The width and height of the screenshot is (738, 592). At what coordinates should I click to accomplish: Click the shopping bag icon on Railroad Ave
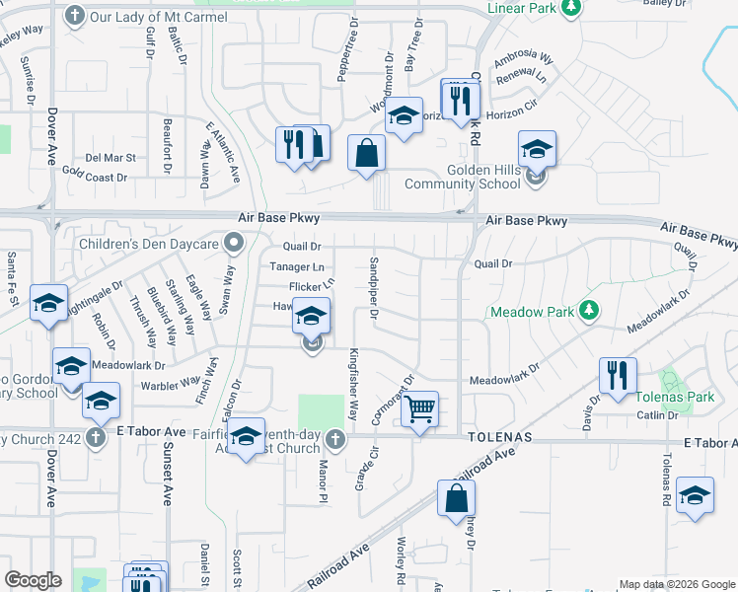pos(457,499)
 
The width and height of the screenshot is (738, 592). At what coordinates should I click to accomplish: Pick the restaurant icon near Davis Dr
pos(619,376)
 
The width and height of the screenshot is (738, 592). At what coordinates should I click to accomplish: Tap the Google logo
pos(33,580)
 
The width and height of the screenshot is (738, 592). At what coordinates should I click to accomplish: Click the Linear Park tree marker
pos(570,8)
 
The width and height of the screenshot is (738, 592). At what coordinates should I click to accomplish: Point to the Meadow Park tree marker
pos(589,311)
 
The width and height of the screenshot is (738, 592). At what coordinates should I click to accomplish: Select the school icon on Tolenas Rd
pos(696,497)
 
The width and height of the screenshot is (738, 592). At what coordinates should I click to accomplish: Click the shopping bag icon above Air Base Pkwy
pos(366,154)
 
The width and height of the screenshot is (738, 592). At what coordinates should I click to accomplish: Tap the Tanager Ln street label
pos(297,266)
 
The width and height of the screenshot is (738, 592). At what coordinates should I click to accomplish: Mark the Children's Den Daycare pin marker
pos(234,241)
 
